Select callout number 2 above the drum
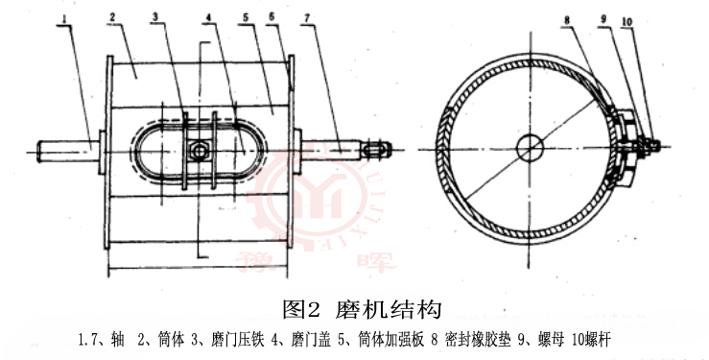coord(114,18)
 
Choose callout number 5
coord(247,18)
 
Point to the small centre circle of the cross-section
coord(528,147)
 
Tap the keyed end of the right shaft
coord(380,149)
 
